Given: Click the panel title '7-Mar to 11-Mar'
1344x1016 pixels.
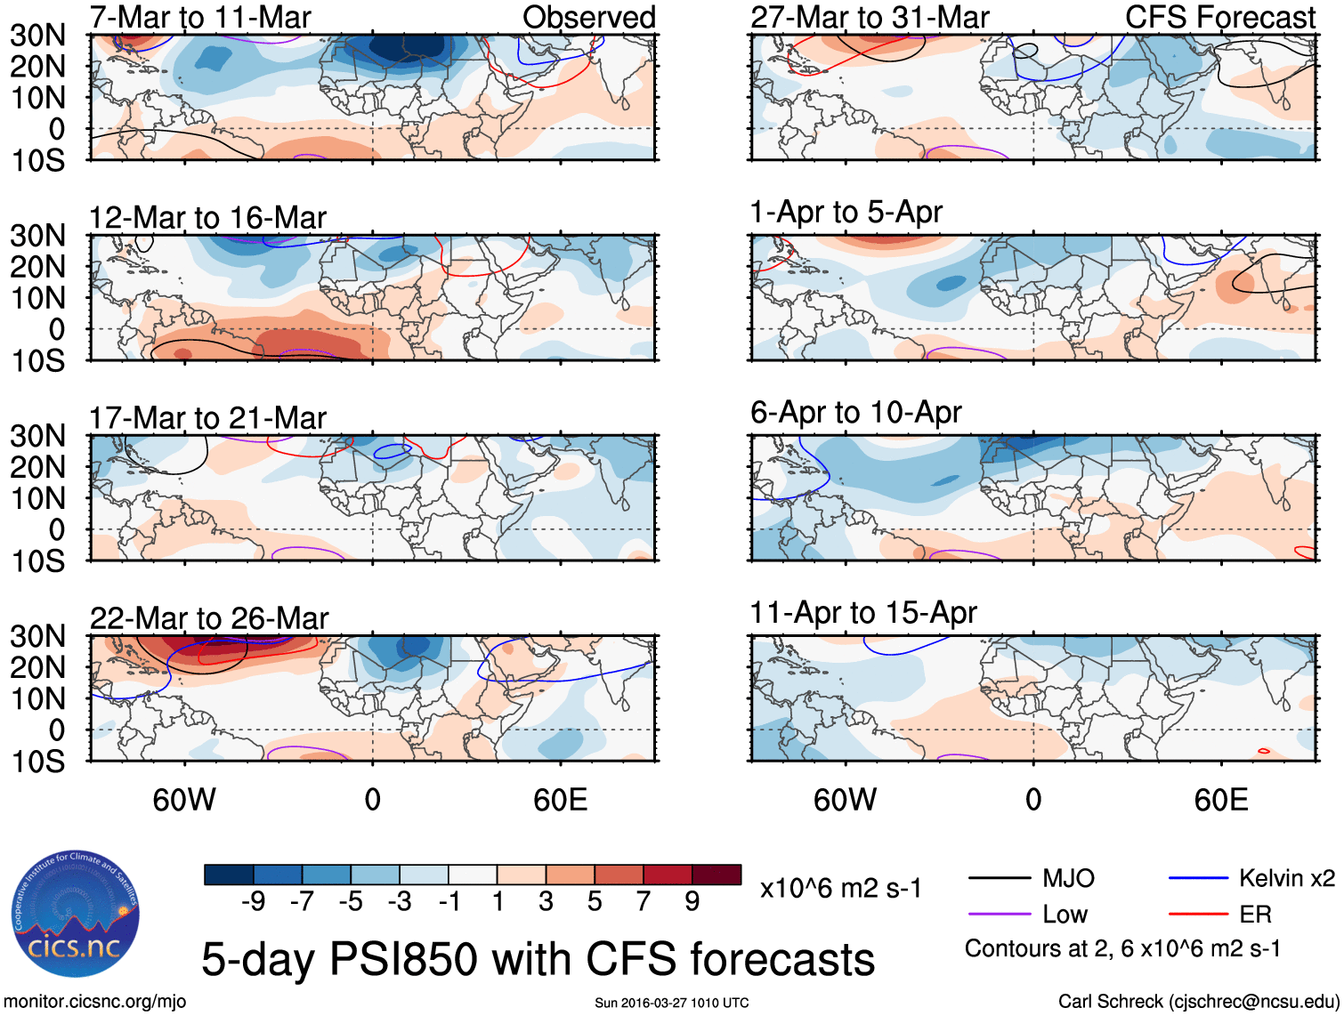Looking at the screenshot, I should coord(200,17).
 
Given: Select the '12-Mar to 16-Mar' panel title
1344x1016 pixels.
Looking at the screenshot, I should coord(207,218).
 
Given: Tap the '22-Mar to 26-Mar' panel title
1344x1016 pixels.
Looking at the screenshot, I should coord(209,618).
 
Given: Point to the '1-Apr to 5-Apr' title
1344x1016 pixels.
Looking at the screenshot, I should coord(846,213).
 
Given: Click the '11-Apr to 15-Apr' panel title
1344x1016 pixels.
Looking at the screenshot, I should coord(863,613).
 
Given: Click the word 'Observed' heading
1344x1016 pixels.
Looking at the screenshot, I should coord(589,17).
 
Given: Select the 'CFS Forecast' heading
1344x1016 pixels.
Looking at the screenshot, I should coord(1220,17).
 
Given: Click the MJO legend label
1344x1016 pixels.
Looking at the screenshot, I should coord(1068,879).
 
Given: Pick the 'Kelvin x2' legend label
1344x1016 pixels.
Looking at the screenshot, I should coord(1286,879).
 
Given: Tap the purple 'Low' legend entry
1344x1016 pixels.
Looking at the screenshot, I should coord(1065,915).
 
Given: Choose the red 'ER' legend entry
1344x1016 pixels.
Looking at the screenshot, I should coord(1255,915).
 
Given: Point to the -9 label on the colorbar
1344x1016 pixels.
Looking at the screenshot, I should coord(254,902).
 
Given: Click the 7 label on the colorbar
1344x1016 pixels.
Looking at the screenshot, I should coord(644,902).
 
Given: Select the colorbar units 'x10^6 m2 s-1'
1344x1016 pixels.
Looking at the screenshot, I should coord(840,889).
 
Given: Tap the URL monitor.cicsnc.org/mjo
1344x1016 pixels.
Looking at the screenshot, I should coord(95,1002).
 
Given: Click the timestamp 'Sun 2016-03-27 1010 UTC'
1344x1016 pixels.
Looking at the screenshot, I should coord(671,1004).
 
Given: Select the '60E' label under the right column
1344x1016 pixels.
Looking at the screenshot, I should coord(1220,800).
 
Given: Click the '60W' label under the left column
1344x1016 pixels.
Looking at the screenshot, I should coord(184,800).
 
